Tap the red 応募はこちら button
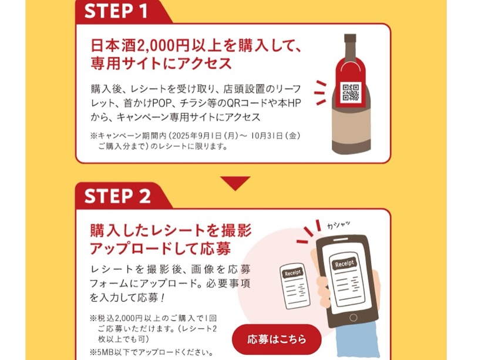[x=277, y=339]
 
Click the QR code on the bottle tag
[x=351, y=92]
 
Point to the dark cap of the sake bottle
[x=350, y=38]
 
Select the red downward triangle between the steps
[x=235, y=183]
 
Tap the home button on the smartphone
[x=354, y=318]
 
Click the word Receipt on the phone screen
[x=345, y=263]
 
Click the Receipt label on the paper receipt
[x=292, y=273]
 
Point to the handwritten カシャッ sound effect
[x=338, y=225]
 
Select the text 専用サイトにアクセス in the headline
[x=161, y=63]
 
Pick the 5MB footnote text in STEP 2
[x=152, y=353]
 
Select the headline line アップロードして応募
[x=160, y=248]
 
